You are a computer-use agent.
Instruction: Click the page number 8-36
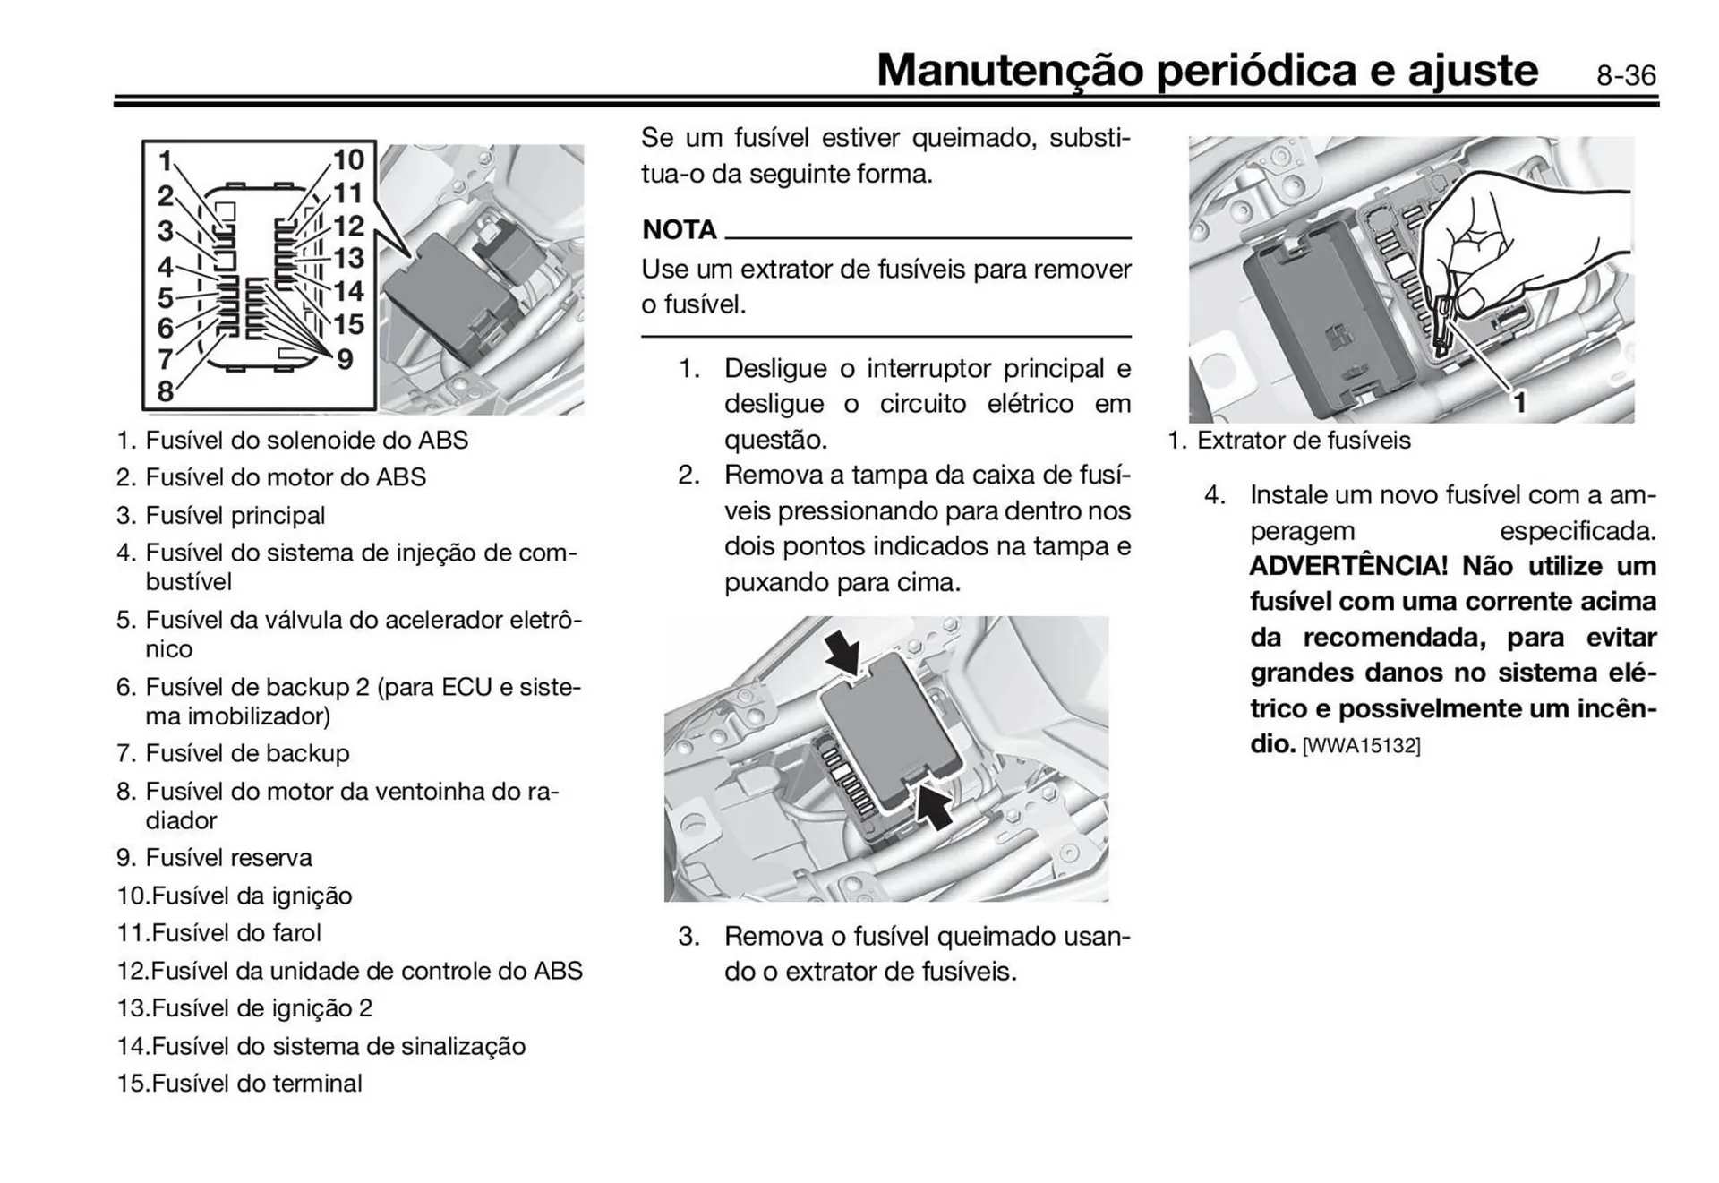click(x=1625, y=76)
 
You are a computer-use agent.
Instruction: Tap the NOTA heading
click(x=680, y=230)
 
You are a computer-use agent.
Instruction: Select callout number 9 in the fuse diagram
click(x=345, y=360)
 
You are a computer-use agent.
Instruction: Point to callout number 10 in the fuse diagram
click(x=348, y=160)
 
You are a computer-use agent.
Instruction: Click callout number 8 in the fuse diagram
click(x=166, y=391)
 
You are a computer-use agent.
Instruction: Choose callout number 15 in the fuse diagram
click(x=348, y=324)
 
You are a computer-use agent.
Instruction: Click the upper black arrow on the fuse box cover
click(x=843, y=652)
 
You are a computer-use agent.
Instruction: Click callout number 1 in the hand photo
click(x=1519, y=402)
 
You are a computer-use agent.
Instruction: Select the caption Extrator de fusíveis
click(x=1303, y=441)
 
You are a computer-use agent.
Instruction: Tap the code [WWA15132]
click(x=1361, y=746)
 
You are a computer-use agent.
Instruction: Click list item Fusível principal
click(x=235, y=516)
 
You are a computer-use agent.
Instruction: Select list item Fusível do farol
click(x=236, y=933)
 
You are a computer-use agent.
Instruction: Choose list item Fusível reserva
click(x=228, y=858)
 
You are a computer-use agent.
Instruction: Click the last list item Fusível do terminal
click(x=256, y=1084)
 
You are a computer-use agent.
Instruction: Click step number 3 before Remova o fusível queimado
click(x=688, y=937)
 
